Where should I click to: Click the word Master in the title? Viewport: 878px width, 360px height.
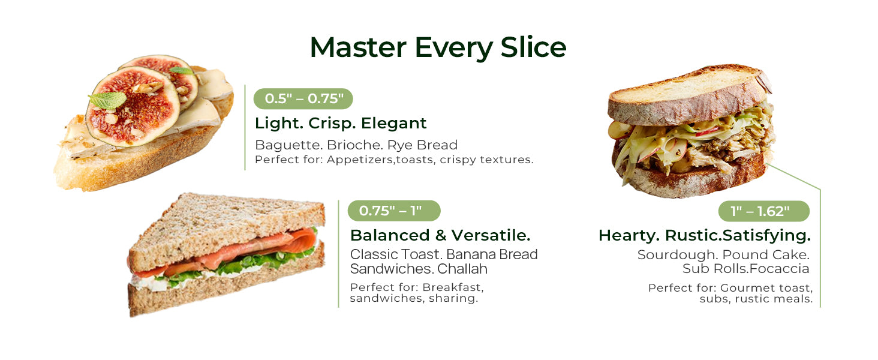point(358,47)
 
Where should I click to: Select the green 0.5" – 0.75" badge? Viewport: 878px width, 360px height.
point(303,98)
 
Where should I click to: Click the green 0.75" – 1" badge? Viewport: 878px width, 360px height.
point(394,211)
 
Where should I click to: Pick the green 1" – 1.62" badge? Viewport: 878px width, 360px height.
point(764,211)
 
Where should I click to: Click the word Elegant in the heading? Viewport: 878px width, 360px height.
point(393,123)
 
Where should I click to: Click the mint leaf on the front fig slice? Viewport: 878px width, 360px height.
point(107,100)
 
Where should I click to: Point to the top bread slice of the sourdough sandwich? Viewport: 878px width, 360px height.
point(688,95)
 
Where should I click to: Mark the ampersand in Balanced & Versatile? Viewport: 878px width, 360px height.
point(441,235)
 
